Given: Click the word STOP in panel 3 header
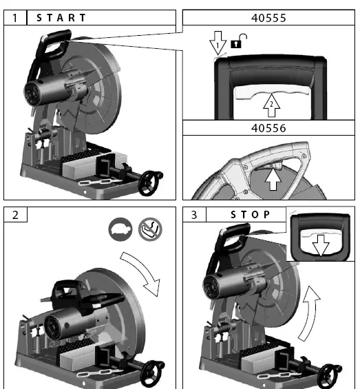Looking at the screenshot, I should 251,214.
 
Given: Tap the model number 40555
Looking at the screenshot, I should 269,17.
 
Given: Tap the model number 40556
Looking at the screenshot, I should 269,128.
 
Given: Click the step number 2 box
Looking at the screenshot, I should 15,214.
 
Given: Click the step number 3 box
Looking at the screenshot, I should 194,214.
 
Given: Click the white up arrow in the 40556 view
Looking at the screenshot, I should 273,180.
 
